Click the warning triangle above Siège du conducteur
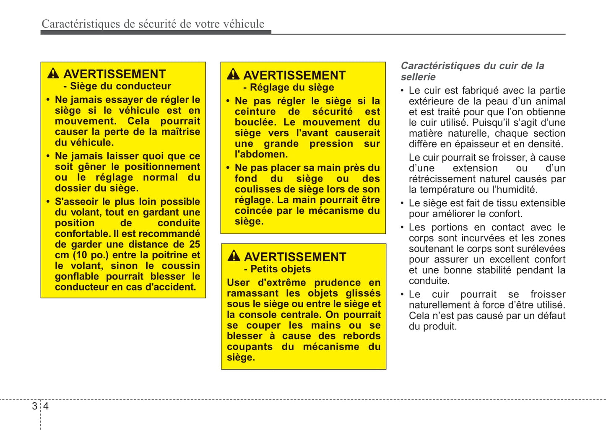[53, 74]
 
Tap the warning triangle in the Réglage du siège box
[233, 75]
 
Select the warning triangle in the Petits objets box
[234, 256]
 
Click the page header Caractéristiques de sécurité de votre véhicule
[153, 24]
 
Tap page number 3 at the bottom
[34, 406]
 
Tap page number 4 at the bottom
[46, 406]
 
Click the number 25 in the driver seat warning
[195, 244]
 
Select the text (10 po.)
[91, 255]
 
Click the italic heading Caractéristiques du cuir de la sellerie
[472, 71]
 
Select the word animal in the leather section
[550, 101]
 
